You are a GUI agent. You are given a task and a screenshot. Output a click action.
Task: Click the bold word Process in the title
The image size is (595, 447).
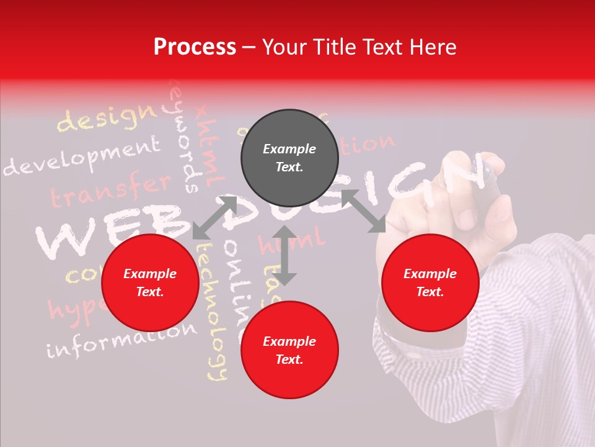[x=195, y=47]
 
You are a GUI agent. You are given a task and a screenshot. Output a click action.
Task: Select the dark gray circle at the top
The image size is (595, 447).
[x=289, y=158]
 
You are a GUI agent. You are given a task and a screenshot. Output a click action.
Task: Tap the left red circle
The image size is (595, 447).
[x=150, y=283]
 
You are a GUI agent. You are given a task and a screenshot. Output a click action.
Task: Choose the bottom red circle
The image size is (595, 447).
[x=289, y=350]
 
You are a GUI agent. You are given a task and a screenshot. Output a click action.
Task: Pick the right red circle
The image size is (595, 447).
[x=430, y=283]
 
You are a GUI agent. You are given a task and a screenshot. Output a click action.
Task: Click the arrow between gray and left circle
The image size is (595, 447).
[x=214, y=217]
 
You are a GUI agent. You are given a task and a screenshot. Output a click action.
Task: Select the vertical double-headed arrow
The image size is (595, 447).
[x=284, y=255]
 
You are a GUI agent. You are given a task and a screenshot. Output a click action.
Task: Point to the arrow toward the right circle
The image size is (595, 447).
[x=363, y=211]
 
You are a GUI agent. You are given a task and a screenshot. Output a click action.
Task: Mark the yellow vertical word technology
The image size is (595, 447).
[x=212, y=310]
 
